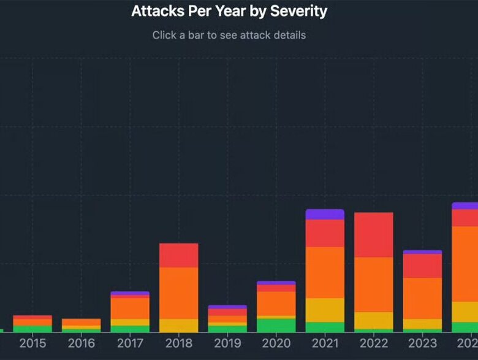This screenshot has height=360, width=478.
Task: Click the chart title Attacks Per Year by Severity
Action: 229,11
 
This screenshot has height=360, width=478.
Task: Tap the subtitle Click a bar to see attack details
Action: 229,35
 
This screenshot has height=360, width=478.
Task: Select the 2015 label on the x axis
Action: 32,343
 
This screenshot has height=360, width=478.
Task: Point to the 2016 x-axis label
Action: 81,343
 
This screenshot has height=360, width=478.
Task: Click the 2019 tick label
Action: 227,343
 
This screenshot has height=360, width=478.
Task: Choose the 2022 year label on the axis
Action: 374,343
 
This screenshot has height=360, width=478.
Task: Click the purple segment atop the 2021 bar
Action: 325,214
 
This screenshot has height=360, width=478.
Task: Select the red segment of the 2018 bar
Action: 178,255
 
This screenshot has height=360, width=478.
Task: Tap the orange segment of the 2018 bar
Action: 178,293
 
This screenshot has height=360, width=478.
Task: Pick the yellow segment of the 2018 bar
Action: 178,325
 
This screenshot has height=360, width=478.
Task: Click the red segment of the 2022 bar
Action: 374,235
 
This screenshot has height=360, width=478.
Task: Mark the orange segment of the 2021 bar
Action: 325,272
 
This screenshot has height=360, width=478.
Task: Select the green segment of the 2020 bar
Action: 276,325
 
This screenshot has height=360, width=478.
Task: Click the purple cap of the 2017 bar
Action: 130,294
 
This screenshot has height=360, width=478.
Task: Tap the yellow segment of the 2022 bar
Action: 374,320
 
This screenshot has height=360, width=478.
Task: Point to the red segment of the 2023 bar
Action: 422,266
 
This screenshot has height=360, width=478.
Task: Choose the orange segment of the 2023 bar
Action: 422,298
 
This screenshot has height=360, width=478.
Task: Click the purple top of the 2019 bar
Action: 227,307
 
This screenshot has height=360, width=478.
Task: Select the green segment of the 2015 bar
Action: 32,329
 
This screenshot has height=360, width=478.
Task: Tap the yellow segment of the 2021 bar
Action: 325,310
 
